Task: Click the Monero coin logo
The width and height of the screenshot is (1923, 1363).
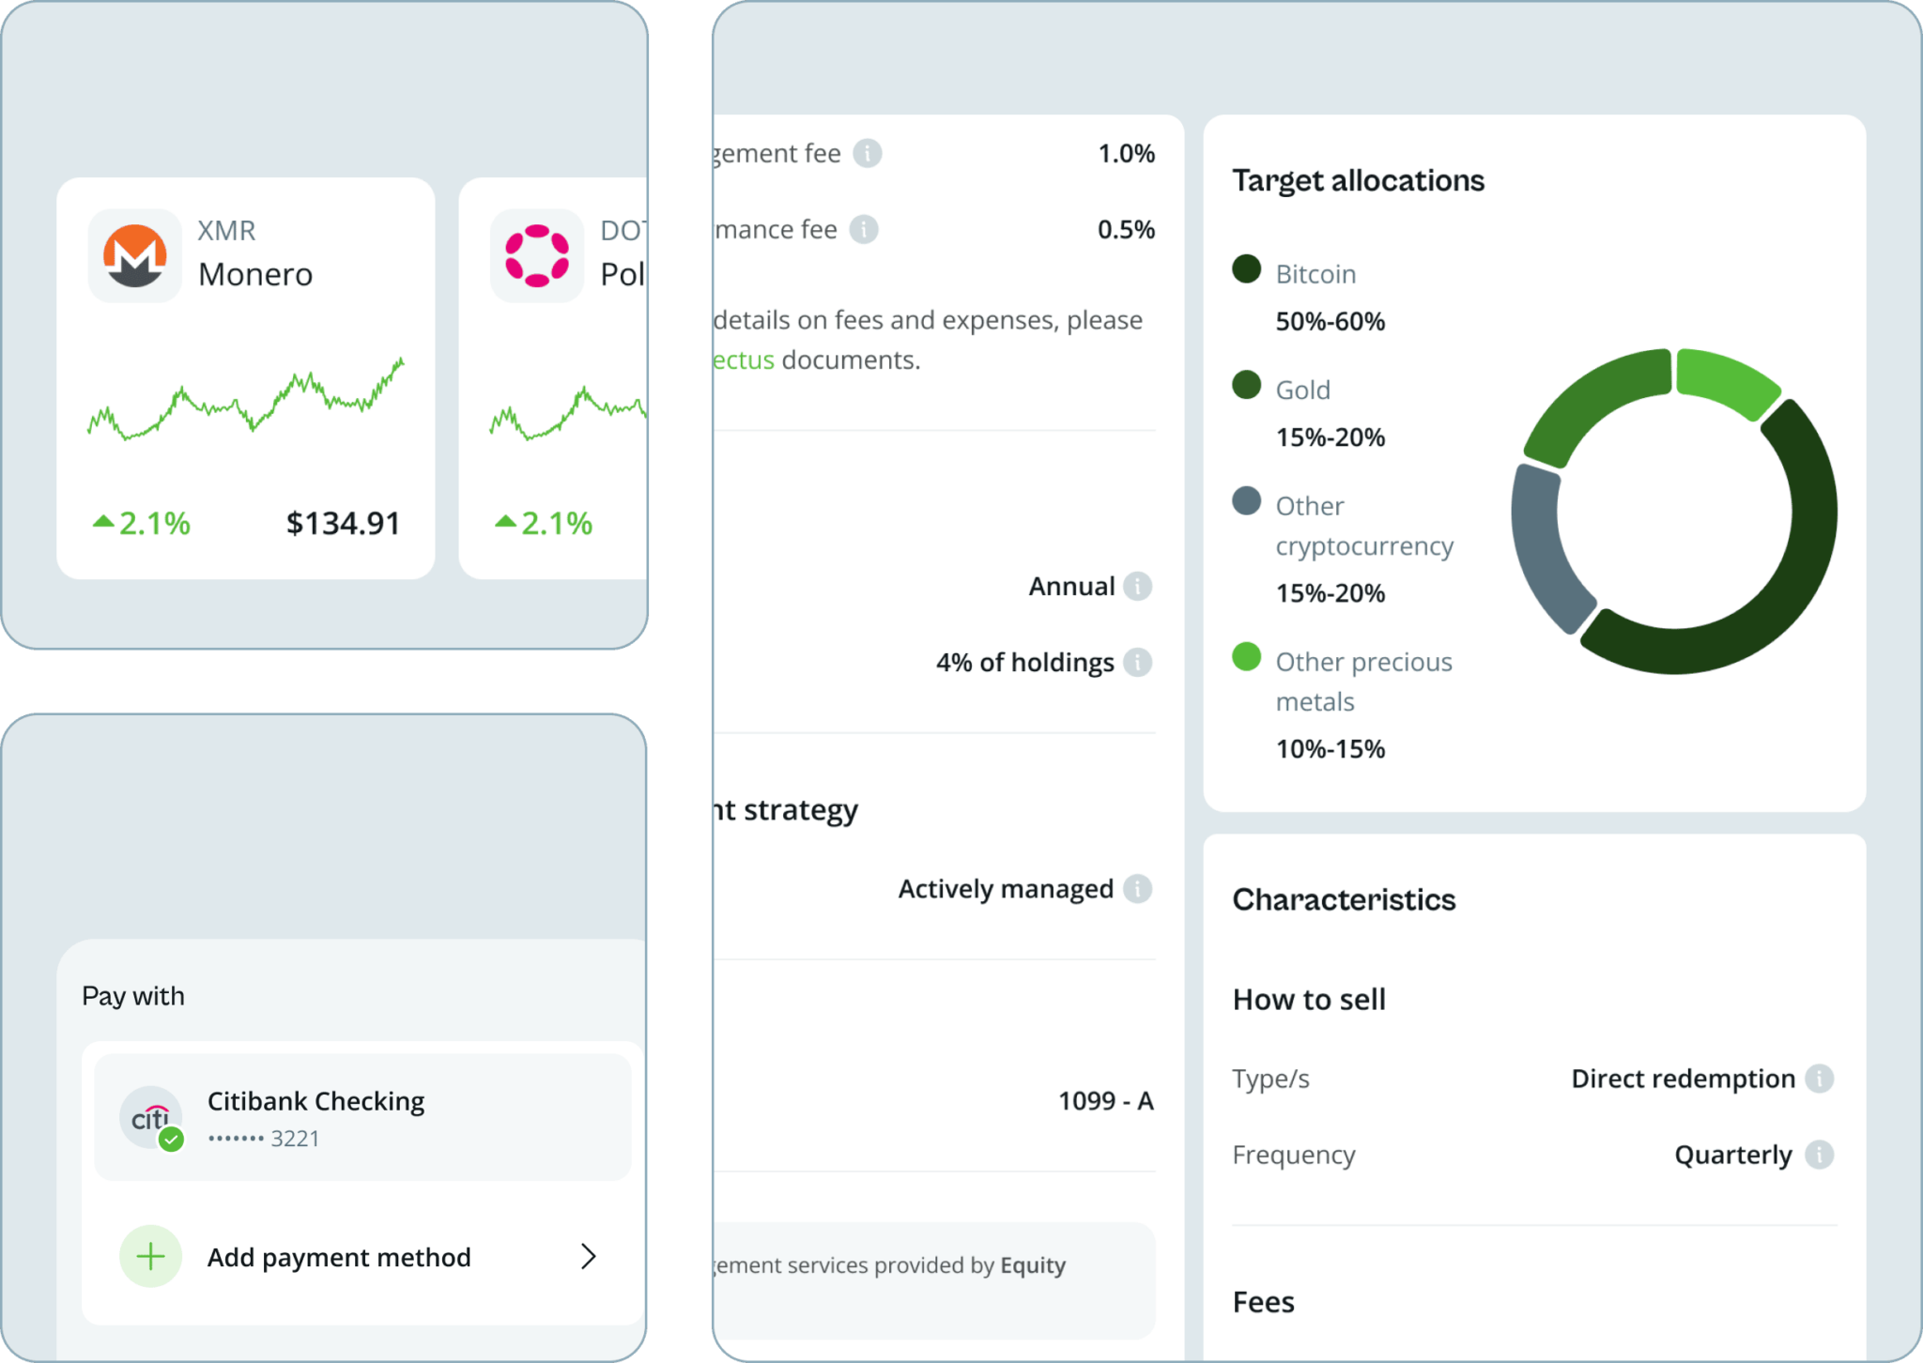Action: click(x=134, y=255)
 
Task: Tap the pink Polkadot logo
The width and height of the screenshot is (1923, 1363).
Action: click(x=536, y=255)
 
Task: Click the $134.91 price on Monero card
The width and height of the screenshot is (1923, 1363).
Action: click(x=343, y=523)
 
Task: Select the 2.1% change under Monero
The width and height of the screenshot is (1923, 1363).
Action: click(x=143, y=523)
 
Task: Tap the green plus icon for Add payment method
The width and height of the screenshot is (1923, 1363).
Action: click(x=150, y=1256)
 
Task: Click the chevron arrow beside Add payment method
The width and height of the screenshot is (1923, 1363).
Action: click(x=589, y=1256)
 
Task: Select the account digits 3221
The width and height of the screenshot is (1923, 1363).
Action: click(x=295, y=1139)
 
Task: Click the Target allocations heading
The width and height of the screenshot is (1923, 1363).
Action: click(x=1358, y=180)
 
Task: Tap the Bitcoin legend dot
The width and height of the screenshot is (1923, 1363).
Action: click(x=1246, y=268)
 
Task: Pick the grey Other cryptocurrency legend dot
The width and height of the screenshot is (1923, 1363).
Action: click(x=1246, y=500)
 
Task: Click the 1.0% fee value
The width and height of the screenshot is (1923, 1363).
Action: click(x=1126, y=153)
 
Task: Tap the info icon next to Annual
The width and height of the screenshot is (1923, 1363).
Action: click(x=1137, y=586)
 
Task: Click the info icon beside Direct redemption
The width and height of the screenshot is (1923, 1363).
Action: click(x=1819, y=1079)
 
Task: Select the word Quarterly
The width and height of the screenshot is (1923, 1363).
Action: click(x=1732, y=1155)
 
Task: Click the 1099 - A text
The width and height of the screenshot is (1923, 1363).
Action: click(x=1105, y=1100)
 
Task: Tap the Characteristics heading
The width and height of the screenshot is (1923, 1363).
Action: click(x=1344, y=899)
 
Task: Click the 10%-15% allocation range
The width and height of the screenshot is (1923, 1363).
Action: click(x=1330, y=749)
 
